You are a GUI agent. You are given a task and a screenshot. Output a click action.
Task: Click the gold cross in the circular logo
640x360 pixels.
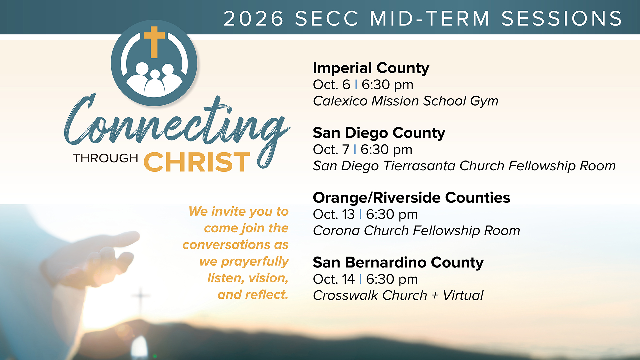click(154, 42)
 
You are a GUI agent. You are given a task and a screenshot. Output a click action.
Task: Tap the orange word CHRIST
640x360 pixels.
click(197, 162)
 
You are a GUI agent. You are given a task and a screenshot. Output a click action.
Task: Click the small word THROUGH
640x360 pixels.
click(105, 158)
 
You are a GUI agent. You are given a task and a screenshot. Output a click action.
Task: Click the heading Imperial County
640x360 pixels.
click(371, 68)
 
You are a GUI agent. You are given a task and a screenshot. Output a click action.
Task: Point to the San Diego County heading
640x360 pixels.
click(379, 133)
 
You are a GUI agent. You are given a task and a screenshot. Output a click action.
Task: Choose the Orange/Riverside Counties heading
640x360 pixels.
click(412, 198)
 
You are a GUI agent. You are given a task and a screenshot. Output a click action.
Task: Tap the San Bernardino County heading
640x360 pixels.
click(398, 263)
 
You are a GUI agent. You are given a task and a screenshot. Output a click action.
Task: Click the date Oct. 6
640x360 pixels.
click(332, 85)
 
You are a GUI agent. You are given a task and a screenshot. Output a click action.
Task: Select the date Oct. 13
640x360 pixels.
click(334, 214)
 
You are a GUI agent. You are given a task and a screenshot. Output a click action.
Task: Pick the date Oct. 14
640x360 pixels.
click(334, 279)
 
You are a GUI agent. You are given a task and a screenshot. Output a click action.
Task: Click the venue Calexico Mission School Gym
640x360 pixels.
click(406, 101)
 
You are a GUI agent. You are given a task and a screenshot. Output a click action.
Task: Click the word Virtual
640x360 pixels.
click(463, 295)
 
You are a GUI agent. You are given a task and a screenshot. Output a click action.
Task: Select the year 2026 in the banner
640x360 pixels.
click(254, 18)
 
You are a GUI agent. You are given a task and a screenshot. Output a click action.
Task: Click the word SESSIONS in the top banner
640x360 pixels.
click(562, 18)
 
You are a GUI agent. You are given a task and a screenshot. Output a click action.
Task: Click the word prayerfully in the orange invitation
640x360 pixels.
click(255, 262)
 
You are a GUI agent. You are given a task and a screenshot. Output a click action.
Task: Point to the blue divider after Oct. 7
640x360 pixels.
click(355, 149)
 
